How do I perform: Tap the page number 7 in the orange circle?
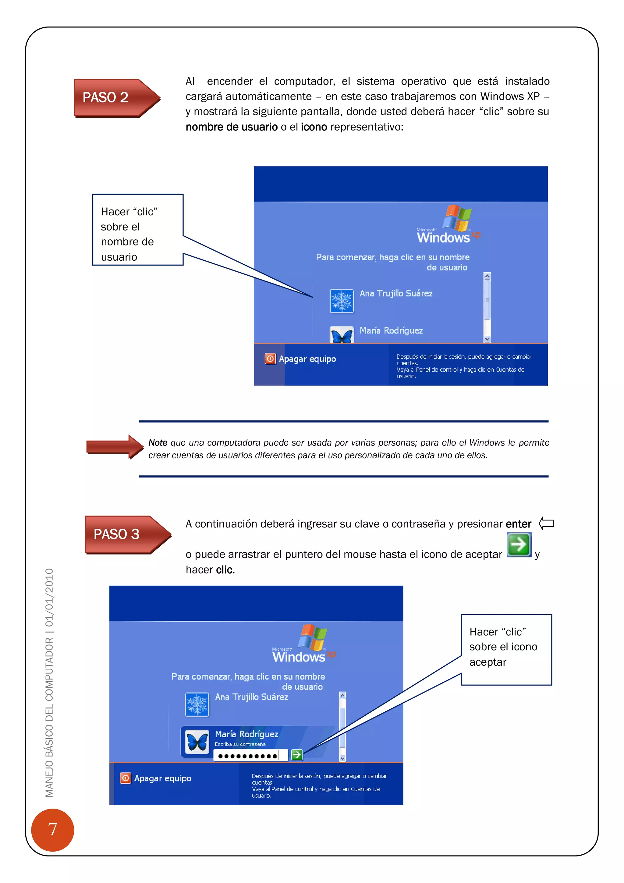[x=53, y=830]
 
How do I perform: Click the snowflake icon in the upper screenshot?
[x=342, y=301]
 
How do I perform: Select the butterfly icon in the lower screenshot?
[x=197, y=741]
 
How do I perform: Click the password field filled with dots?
[x=250, y=755]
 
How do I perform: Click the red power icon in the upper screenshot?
[x=270, y=359]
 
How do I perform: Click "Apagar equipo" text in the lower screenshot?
[x=162, y=778]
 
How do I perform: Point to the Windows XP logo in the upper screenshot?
[x=448, y=225]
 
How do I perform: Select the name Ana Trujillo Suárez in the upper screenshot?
[x=396, y=293]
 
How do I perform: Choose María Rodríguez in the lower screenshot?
[x=246, y=734]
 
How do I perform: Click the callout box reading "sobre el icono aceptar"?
[x=506, y=649]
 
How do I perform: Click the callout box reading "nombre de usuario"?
[x=137, y=230]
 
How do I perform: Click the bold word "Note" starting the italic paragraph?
[x=158, y=443]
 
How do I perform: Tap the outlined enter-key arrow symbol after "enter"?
[x=546, y=524]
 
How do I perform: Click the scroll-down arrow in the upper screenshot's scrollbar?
[x=487, y=339]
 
